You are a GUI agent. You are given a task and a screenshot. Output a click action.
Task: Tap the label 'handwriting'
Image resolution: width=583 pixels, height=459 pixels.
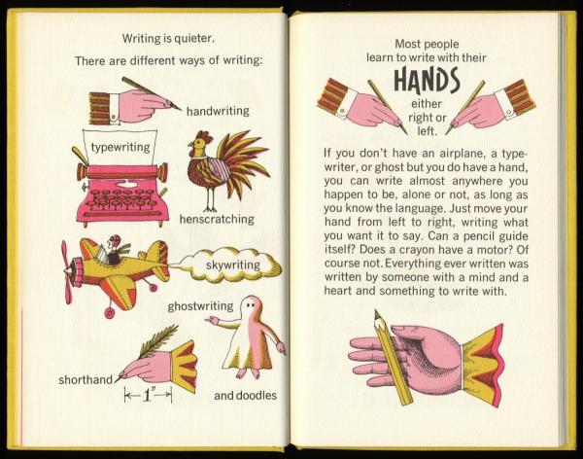tap(218, 111)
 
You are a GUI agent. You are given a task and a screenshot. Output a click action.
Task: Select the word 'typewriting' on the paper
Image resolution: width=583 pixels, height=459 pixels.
tap(120, 147)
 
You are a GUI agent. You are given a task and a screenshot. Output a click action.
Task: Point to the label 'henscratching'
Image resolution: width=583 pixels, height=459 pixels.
tap(217, 219)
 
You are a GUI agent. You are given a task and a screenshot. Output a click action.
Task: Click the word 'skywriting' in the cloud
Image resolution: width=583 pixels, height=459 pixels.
tap(233, 265)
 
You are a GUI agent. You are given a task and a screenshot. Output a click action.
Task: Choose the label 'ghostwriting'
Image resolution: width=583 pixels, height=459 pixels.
tap(200, 306)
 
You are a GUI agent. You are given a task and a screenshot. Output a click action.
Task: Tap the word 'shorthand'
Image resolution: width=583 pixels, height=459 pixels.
tap(86, 379)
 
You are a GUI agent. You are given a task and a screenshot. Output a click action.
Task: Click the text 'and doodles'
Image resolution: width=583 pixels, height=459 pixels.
tap(246, 396)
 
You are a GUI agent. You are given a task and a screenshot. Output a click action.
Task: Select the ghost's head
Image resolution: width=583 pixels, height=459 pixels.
tap(250, 306)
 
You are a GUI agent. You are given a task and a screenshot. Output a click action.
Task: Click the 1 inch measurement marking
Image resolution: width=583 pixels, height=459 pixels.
tap(148, 395)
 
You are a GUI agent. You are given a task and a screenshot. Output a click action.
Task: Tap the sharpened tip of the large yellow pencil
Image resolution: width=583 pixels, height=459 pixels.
tap(376, 313)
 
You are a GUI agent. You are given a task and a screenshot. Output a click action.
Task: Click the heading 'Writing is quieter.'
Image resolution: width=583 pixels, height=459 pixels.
tap(168, 38)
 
